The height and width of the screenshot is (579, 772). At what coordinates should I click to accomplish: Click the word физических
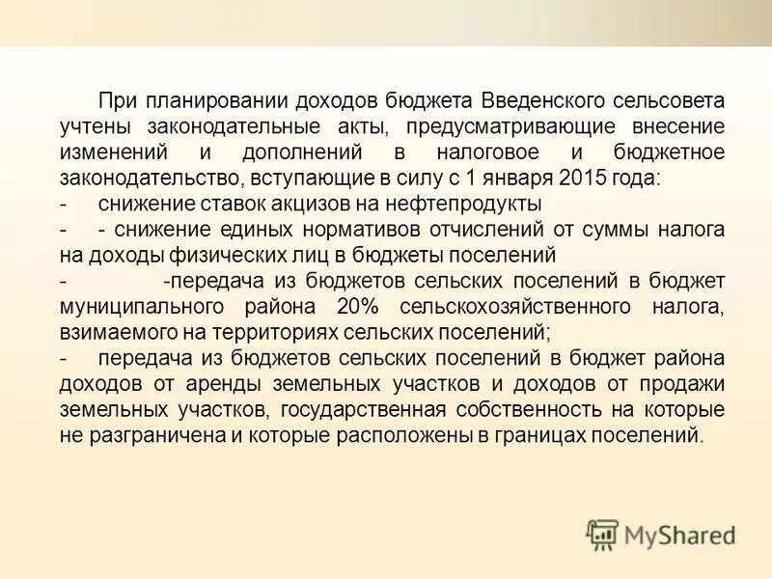click(199, 255)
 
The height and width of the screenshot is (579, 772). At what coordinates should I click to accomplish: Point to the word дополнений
click(301, 153)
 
